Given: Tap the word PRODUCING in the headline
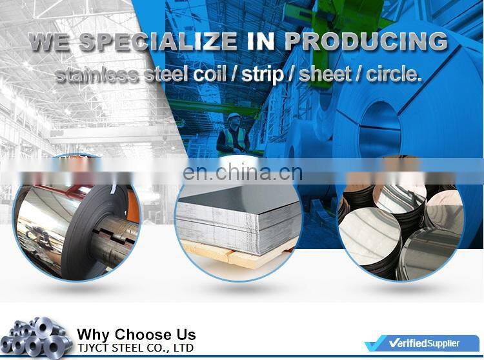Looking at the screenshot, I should click(x=366, y=41).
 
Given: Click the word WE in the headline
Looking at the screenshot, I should click(x=52, y=41).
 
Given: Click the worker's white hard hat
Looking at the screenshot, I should click(x=234, y=117).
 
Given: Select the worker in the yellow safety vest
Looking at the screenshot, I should click(x=233, y=135).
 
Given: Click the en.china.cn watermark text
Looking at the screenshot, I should click(x=242, y=172).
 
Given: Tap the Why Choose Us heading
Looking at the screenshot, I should click(x=136, y=334).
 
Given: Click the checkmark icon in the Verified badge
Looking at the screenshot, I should click(x=376, y=344).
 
